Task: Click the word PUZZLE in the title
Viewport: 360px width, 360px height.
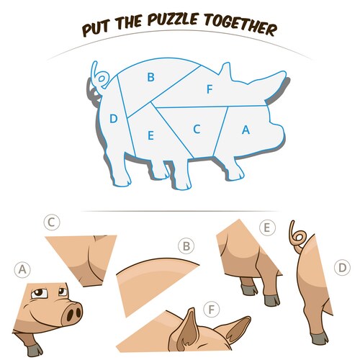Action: tap(172, 19)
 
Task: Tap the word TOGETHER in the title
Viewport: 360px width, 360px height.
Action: tap(240, 24)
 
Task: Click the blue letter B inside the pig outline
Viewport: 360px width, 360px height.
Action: tap(150, 77)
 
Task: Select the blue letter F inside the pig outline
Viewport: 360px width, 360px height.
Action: tap(210, 89)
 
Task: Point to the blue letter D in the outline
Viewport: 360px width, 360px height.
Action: tap(114, 119)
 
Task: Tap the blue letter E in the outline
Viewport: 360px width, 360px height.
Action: tap(150, 135)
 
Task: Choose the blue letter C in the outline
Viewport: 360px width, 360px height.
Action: tap(197, 129)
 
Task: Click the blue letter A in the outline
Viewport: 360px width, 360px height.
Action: tap(246, 130)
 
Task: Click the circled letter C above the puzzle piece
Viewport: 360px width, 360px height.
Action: tap(52, 222)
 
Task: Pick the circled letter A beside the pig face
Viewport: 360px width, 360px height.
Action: tap(22, 269)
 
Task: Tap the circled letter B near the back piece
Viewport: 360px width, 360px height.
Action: tap(186, 246)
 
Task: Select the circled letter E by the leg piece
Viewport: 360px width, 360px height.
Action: tap(267, 228)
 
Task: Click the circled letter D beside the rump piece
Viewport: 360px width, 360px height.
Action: tap(342, 267)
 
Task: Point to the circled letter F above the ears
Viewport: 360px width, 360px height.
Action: tap(211, 310)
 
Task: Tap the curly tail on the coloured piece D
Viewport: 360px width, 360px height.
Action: tap(297, 238)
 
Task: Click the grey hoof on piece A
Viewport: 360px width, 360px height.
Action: tap(35, 351)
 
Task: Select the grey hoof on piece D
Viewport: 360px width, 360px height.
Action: tap(320, 338)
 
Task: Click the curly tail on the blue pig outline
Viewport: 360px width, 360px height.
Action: tap(100, 76)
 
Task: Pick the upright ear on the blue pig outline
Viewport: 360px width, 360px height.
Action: tap(225, 71)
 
